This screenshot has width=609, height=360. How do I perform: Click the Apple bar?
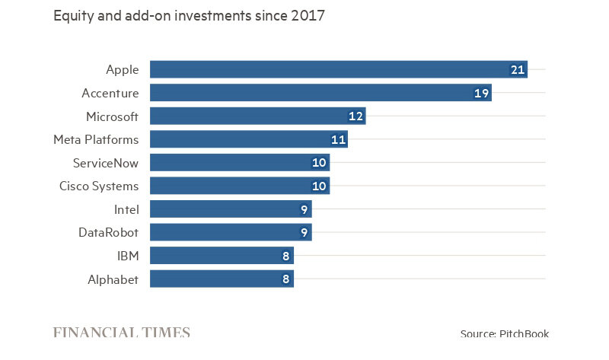339,69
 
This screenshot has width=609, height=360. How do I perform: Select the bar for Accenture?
320,93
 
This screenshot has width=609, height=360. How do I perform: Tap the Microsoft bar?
258,116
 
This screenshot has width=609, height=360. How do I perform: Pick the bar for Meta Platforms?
249,139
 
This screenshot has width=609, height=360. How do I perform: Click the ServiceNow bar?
240,163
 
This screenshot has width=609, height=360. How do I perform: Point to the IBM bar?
222,256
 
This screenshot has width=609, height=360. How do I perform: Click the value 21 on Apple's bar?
518,70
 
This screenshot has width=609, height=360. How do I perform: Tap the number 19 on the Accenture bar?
481,93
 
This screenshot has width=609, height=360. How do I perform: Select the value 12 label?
356,116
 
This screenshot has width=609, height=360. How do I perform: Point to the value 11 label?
338,140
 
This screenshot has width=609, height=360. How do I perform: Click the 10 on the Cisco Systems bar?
319,186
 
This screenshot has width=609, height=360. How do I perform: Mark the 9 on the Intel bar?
304,210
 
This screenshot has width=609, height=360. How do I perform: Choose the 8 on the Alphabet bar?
286,279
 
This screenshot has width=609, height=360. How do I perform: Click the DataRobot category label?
108,233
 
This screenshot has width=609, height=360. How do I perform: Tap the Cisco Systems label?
99,186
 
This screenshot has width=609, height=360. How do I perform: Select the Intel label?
126,210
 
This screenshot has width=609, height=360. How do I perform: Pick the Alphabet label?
113,279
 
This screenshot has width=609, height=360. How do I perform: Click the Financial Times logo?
122,333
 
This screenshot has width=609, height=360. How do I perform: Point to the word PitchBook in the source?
524,333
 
